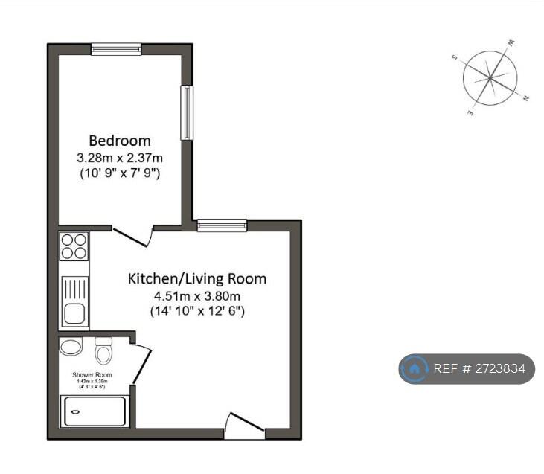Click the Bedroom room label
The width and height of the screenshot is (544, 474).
pos(120,140)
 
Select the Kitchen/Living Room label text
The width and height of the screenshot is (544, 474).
pos(197,279)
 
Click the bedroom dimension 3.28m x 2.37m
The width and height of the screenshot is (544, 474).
pos(120,158)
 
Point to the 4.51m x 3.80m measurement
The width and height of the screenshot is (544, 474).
pos(197,295)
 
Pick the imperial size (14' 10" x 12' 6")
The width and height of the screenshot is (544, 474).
pos(197,311)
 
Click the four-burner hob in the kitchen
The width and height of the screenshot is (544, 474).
pos(74,246)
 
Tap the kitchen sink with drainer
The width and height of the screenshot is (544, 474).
pos(74,300)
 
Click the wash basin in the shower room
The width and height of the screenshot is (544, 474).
pos(71,348)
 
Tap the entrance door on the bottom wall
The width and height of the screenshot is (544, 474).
pos(245,426)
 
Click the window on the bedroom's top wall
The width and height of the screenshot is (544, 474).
pos(116,49)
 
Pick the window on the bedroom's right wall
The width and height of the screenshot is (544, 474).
pos(187,112)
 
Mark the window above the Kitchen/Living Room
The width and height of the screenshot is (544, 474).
pos(222,225)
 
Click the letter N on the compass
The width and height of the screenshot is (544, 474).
pos(526,99)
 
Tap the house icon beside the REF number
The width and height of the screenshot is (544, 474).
pos(415,368)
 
